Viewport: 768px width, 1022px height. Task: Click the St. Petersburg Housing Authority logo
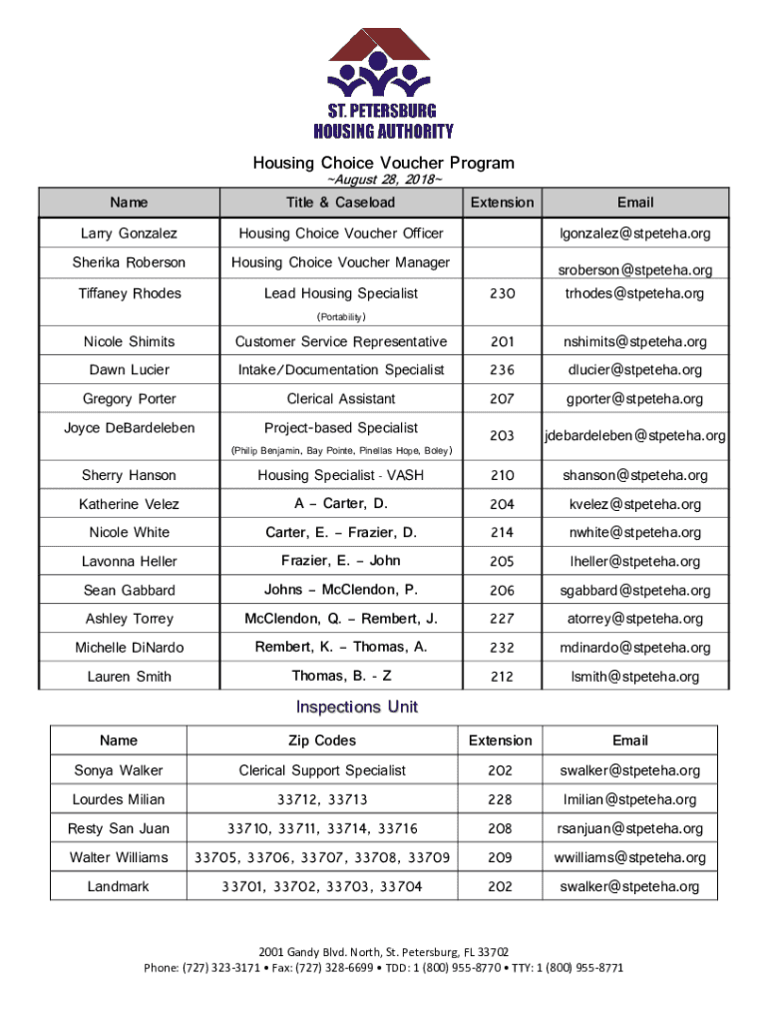tap(383, 84)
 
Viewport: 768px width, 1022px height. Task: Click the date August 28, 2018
tap(383, 180)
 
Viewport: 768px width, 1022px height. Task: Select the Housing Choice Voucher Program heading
tap(383, 162)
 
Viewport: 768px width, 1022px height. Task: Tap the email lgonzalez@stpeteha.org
tap(635, 234)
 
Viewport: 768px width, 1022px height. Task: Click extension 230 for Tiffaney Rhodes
tap(502, 293)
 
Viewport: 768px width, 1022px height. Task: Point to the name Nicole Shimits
tap(130, 341)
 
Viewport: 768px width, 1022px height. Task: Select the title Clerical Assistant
tap(340, 398)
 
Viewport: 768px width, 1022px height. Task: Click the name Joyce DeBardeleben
tap(130, 427)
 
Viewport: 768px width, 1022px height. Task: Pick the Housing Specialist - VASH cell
tap(340, 475)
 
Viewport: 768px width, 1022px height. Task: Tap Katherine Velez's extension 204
tap(502, 504)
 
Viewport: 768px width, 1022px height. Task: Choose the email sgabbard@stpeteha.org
tap(635, 590)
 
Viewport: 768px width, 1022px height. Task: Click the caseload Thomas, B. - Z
tap(340, 676)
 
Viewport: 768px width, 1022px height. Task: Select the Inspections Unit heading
tap(356, 708)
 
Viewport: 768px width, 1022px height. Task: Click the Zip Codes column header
tap(320, 741)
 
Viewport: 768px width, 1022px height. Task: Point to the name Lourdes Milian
tap(119, 799)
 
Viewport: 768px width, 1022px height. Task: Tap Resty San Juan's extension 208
tap(500, 828)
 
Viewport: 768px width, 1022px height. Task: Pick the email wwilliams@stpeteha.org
tap(630, 857)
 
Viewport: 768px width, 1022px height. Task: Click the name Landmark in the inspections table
tap(119, 886)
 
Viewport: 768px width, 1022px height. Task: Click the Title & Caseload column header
tap(340, 203)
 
